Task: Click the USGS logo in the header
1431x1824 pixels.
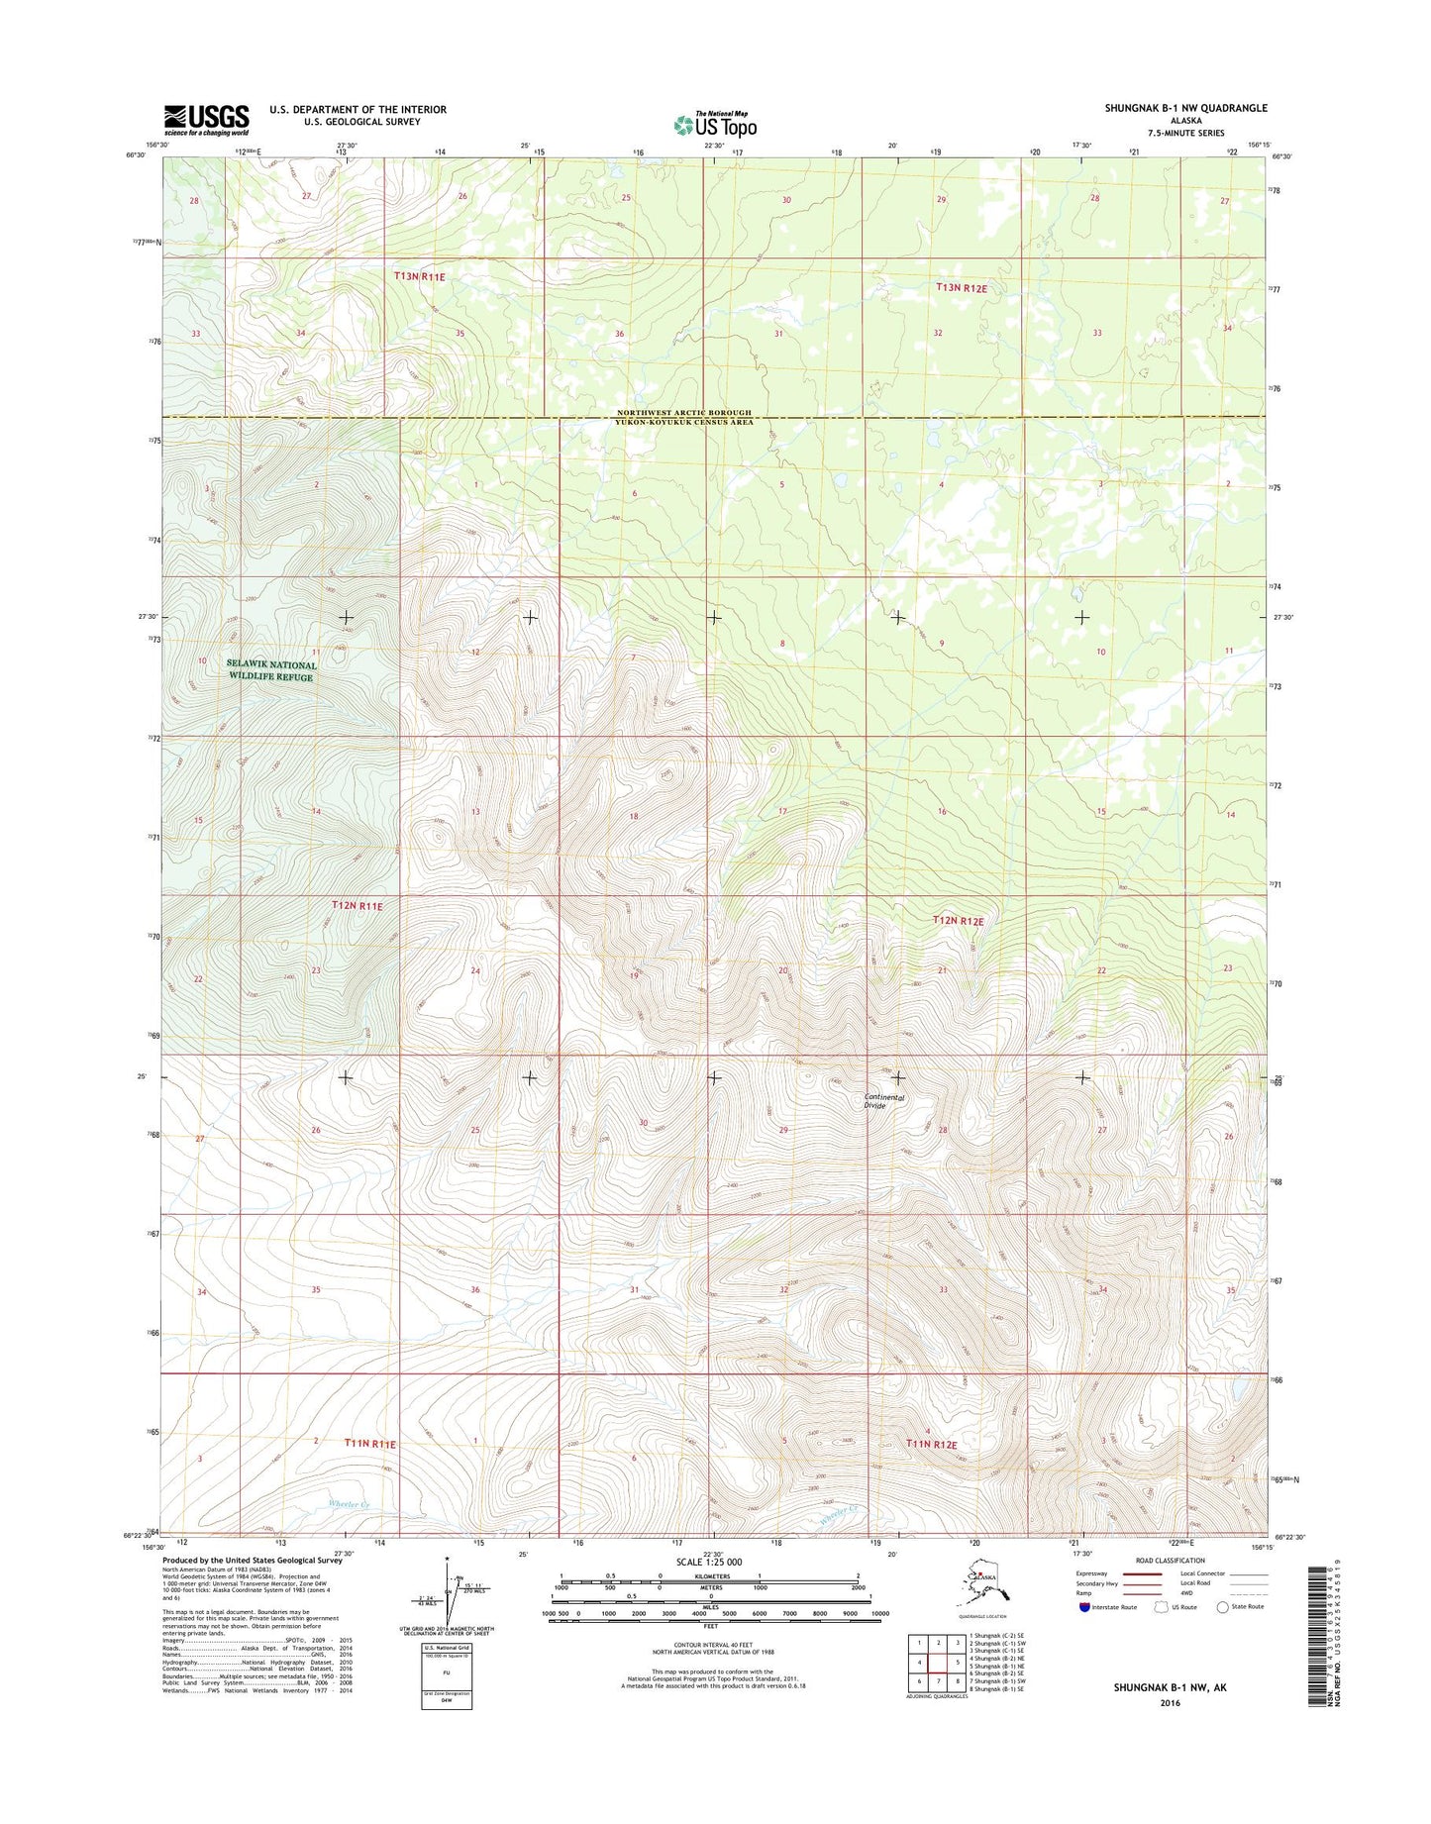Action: point(206,120)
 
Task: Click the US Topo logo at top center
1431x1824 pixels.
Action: point(715,125)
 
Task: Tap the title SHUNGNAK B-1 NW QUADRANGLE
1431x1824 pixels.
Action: point(1185,108)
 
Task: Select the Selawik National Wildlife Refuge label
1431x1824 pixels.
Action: point(270,670)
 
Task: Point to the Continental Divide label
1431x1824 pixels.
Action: point(883,1101)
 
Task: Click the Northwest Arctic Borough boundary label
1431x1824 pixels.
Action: point(683,412)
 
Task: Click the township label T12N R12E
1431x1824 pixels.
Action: point(958,921)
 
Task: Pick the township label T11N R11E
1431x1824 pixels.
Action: point(369,1445)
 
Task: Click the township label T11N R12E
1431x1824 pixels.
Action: point(932,1445)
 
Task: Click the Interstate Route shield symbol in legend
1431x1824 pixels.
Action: point(1084,1607)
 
